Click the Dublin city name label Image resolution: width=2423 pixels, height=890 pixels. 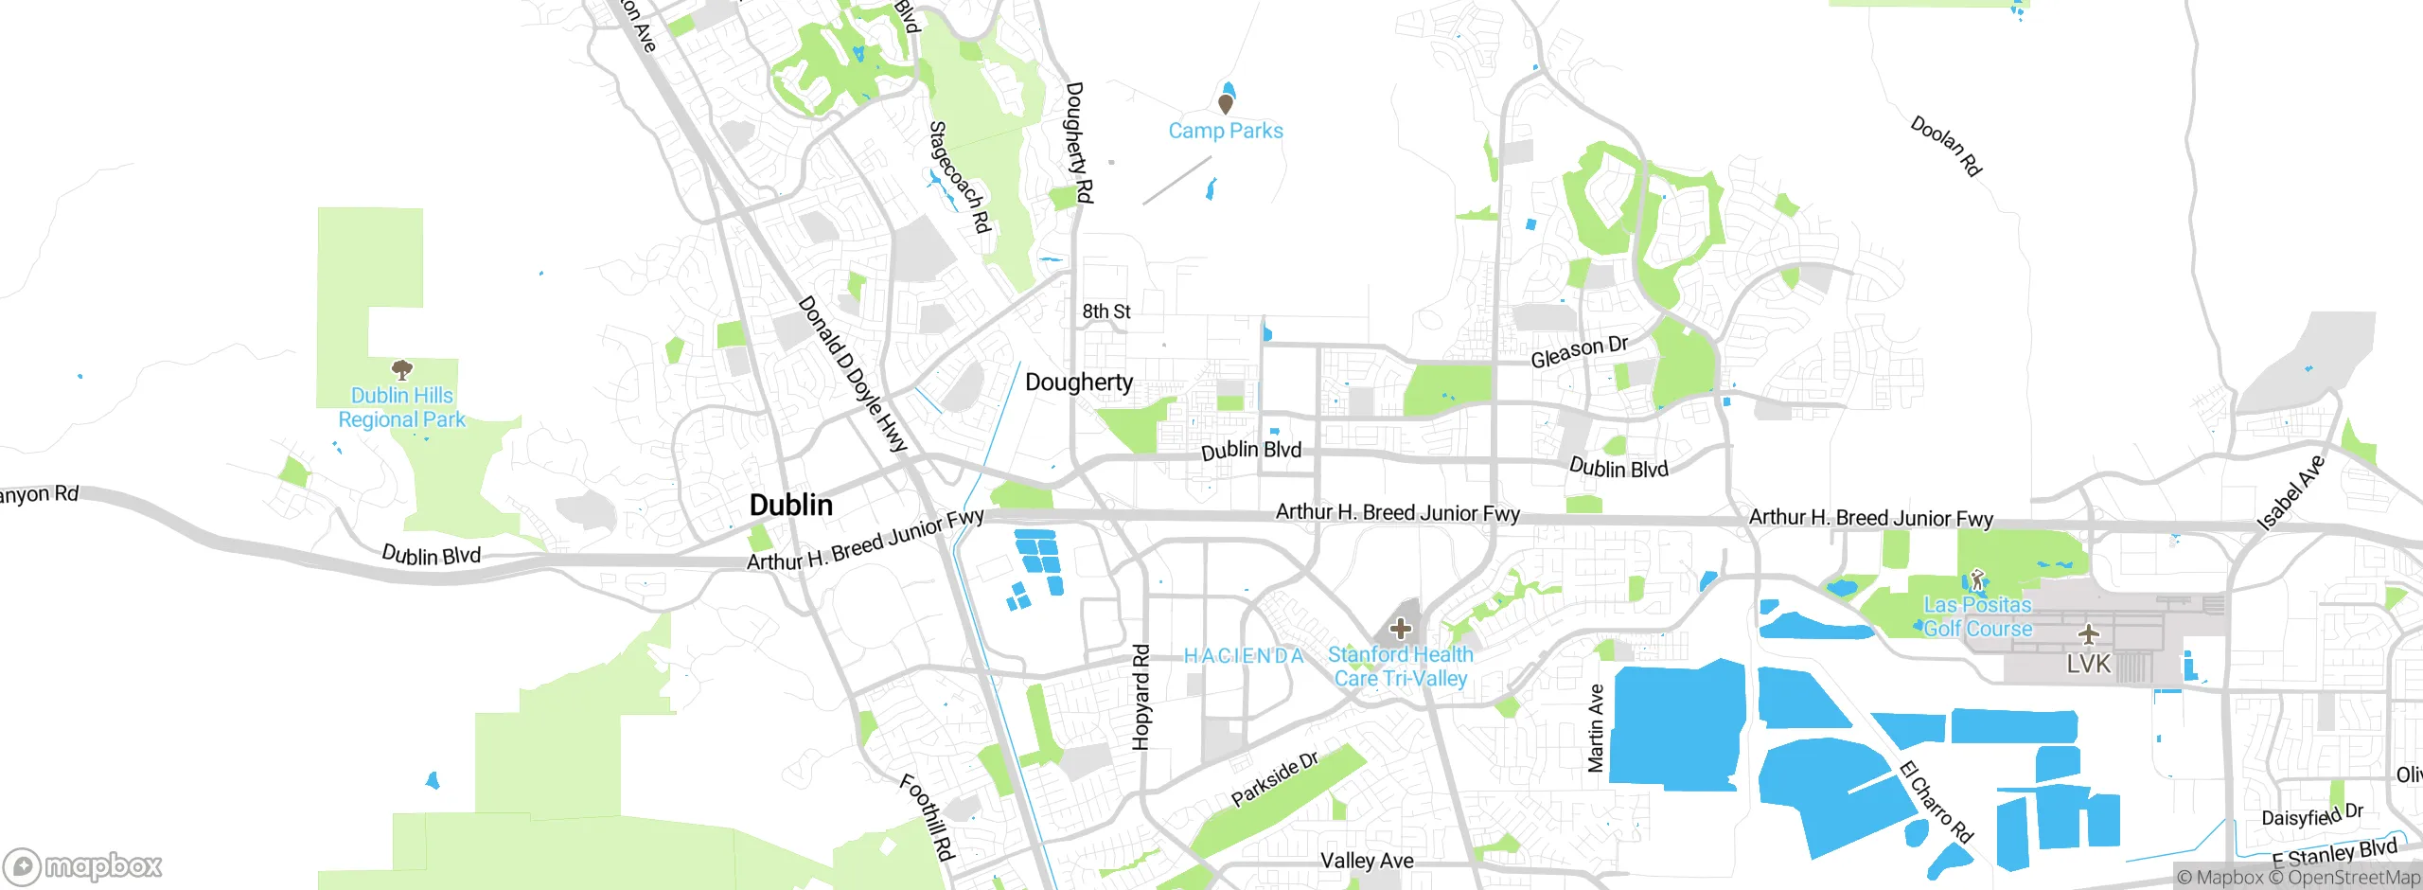coord(790,505)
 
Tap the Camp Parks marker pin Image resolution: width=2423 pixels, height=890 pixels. coord(1226,103)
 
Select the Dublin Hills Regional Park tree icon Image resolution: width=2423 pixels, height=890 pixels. coord(402,369)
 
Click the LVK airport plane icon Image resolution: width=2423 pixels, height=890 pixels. coord(2088,634)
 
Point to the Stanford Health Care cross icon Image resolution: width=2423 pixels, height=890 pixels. coord(1400,628)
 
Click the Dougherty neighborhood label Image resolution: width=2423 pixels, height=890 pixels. coord(1079,383)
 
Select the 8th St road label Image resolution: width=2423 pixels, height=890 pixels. coord(1106,311)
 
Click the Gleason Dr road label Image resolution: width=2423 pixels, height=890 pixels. coord(1580,351)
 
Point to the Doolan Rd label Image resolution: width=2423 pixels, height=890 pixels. coord(1946,146)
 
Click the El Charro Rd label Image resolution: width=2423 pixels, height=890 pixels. coord(1937,801)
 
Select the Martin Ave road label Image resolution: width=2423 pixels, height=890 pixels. coord(1596,728)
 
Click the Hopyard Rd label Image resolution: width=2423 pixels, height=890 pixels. coord(1141,697)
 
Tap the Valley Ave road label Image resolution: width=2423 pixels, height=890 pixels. coord(1367,861)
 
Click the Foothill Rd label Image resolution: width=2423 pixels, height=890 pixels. coord(926,817)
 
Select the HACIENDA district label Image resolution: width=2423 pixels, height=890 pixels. coord(1244,655)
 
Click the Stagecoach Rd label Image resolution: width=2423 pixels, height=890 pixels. coord(959,177)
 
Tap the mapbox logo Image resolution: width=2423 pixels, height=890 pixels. coord(83,865)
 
